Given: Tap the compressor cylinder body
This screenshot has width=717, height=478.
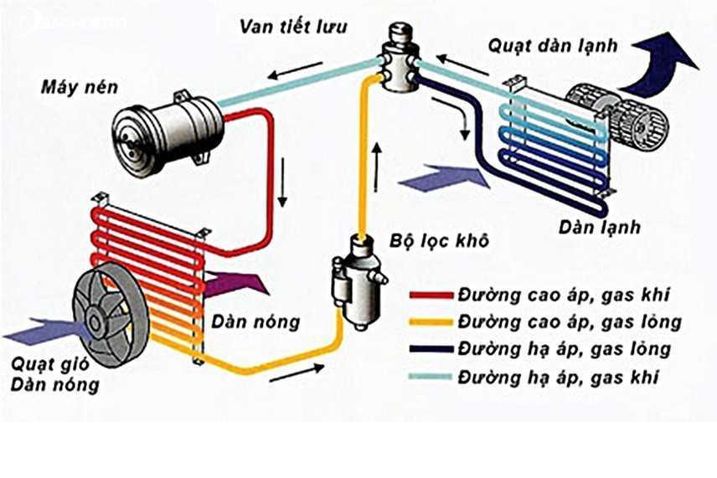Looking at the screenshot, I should click(x=172, y=133).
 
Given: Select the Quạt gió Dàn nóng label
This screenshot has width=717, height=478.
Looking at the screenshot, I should click(x=55, y=375).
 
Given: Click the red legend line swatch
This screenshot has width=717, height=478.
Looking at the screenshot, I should click(x=431, y=295).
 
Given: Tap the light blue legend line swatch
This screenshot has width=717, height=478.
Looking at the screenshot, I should click(x=431, y=378).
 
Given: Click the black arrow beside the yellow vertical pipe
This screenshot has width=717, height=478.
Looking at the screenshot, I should click(x=376, y=167).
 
